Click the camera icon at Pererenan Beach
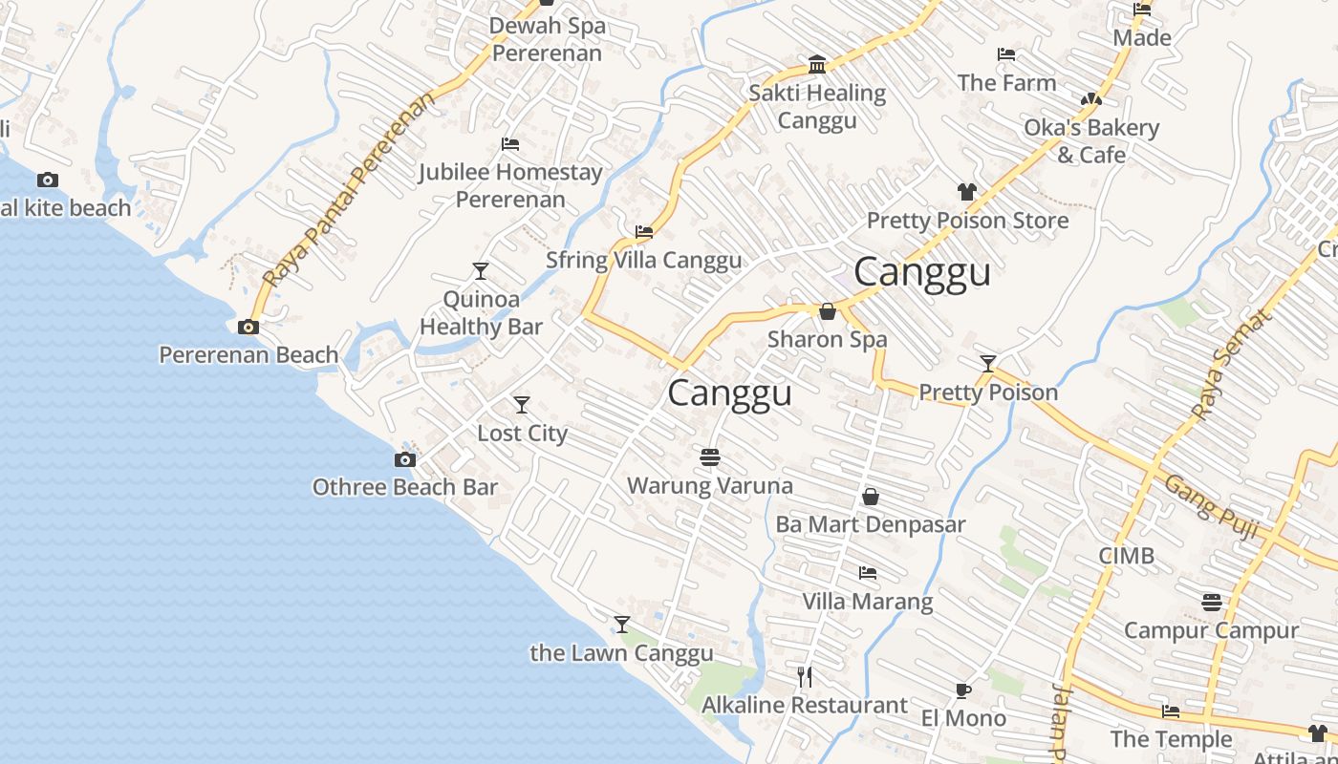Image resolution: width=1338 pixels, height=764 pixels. pyautogui.click(x=248, y=327)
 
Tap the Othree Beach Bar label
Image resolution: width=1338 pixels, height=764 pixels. pyautogui.click(x=405, y=487)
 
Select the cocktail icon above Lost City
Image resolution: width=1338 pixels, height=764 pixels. pyautogui.click(x=522, y=405)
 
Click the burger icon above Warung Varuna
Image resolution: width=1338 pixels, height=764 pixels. pyautogui.click(x=709, y=457)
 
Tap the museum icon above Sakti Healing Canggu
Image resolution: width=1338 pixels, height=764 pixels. pyautogui.click(x=817, y=65)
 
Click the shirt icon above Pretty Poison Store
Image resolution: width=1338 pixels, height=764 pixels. pyautogui.click(x=966, y=192)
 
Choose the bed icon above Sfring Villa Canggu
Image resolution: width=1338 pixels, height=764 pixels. pyautogui.click(x=644, y=232)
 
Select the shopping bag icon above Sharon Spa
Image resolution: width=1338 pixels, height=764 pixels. pyautogui.click(x=828, y=311)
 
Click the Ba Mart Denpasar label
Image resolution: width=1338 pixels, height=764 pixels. pyautogui.click(x=871, y=524)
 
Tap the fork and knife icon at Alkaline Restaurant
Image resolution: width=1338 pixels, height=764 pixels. pyautogui.click(x=805, y=677)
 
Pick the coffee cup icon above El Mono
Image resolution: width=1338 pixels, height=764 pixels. pyautogui.click(x=963, y=690)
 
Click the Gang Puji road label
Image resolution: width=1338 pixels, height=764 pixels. pyautogui.click(x=1211, y=507)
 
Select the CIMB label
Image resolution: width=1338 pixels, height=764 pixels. pyautogui.click(x=1126, y=556)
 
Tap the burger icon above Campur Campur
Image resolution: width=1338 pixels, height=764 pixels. pyautogui.click(x=1212, y=603)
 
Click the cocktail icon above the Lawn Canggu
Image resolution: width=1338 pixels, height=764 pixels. pyautogui.click(x=622, y=625)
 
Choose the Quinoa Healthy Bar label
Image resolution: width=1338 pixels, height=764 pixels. pyautogui.click(x=482, y=312)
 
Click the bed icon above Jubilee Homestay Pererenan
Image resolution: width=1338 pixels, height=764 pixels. pyautogui.click(x=510, y=144)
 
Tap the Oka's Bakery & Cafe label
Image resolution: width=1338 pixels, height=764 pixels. pyautogui.click(x=1091, y=140)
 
